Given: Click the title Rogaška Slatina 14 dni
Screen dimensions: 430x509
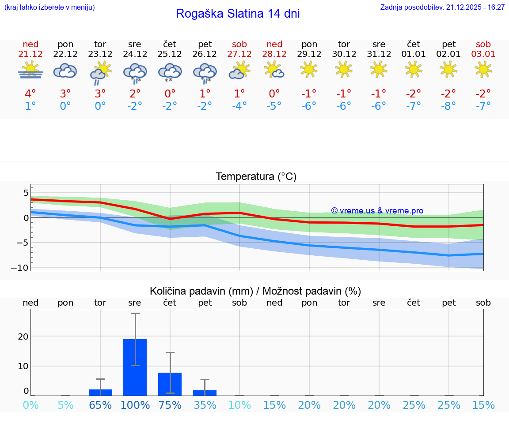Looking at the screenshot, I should [238, 14].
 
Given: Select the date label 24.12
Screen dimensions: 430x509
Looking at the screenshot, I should [135, 54].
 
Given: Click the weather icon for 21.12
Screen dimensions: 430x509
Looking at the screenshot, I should [30, 71].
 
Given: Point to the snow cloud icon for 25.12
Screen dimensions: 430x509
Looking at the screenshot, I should [170, 72].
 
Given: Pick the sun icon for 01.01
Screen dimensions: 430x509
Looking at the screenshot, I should [413, 69].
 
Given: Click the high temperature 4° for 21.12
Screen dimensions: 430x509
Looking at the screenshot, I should [30, 94].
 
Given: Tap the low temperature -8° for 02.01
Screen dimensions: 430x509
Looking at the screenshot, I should [448, 106].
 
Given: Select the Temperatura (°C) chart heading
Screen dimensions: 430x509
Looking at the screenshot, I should [256, 177].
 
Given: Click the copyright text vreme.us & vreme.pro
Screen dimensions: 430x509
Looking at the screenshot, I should [377, 211].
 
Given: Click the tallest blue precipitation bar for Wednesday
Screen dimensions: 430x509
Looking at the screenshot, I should [135, 367].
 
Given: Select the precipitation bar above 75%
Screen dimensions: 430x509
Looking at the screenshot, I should [170, 384].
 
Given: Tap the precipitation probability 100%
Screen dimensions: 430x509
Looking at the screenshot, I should [135, 405].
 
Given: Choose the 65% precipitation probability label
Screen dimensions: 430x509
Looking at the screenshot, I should [100, 405].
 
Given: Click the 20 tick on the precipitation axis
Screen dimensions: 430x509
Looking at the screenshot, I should [23, 337].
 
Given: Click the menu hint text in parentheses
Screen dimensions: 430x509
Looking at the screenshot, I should [49, 7].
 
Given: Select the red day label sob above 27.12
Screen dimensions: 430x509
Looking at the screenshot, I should [239, 44].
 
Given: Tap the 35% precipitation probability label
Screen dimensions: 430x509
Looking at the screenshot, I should [205, 405].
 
